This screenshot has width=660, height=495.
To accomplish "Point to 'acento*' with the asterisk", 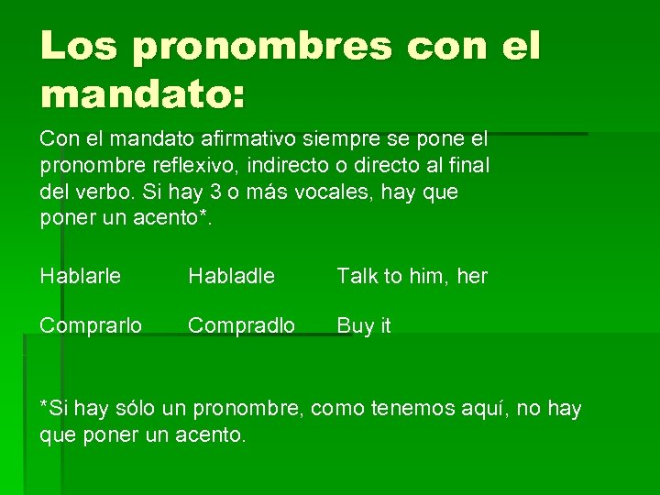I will pos(181,219).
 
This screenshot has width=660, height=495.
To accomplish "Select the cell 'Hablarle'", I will pos(81,276).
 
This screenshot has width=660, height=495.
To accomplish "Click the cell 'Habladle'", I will pos(231,276).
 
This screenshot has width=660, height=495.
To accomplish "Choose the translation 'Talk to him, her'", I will pos(412,276).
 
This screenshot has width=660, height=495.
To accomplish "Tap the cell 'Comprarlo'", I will pos(91,326).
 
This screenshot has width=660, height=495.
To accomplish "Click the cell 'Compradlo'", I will pos(241,326).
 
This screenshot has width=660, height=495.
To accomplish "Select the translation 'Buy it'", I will pos(363,326).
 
